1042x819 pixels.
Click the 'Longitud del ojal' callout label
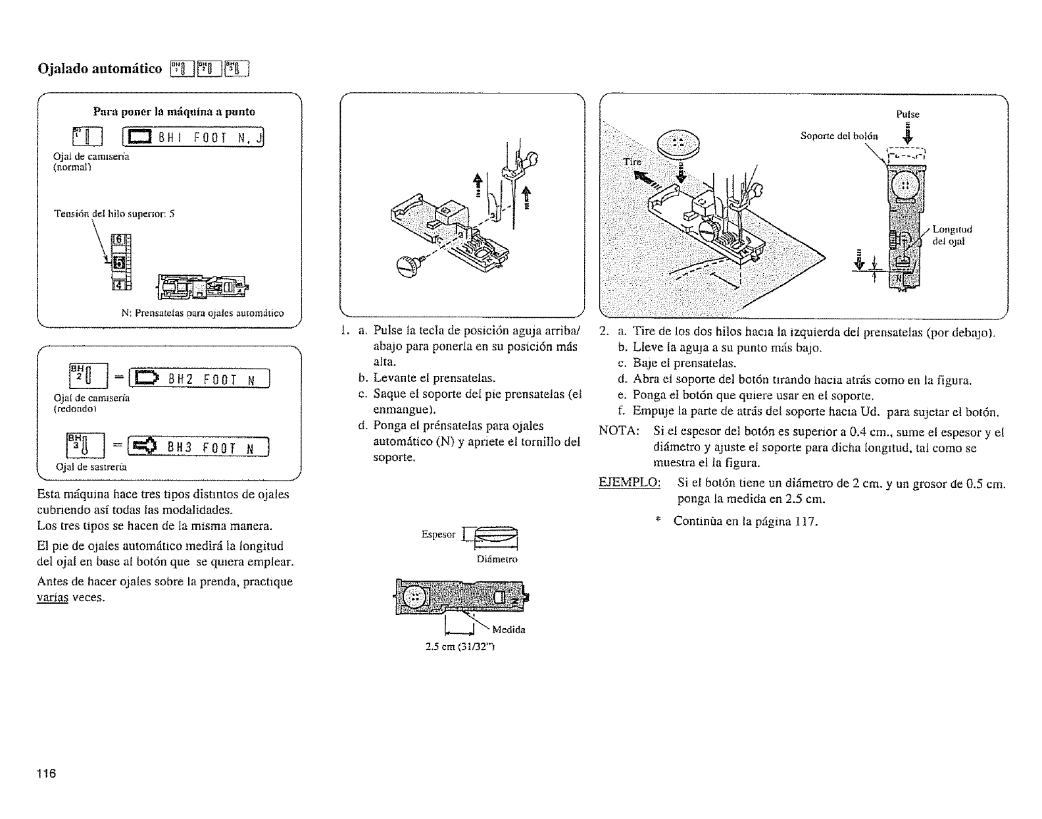(952, 234)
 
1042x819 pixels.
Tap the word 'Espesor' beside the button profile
(439, 534)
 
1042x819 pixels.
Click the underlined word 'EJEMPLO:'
(629, 485)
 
